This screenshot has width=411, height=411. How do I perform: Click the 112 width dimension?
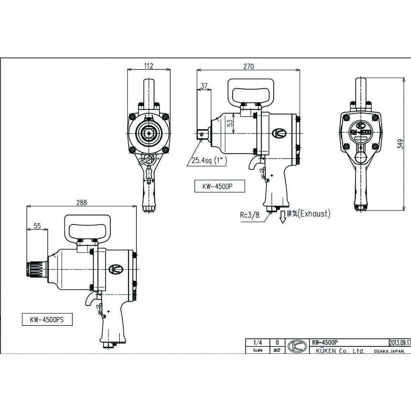click(x=149, y=66)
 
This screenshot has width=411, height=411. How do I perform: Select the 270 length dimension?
click(x=248, y=66)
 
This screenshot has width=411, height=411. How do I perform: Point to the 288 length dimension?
click(x=81, y=202)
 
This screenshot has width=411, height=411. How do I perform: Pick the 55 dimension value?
click(x=37, y=226)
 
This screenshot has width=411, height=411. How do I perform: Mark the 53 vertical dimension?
click(x=231, y=122)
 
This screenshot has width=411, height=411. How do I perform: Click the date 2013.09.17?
click(x=399, y=342)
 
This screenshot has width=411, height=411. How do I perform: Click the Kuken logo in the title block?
click(x=297, y=346)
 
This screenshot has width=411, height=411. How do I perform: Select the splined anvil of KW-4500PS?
click(x=33, y=270)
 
